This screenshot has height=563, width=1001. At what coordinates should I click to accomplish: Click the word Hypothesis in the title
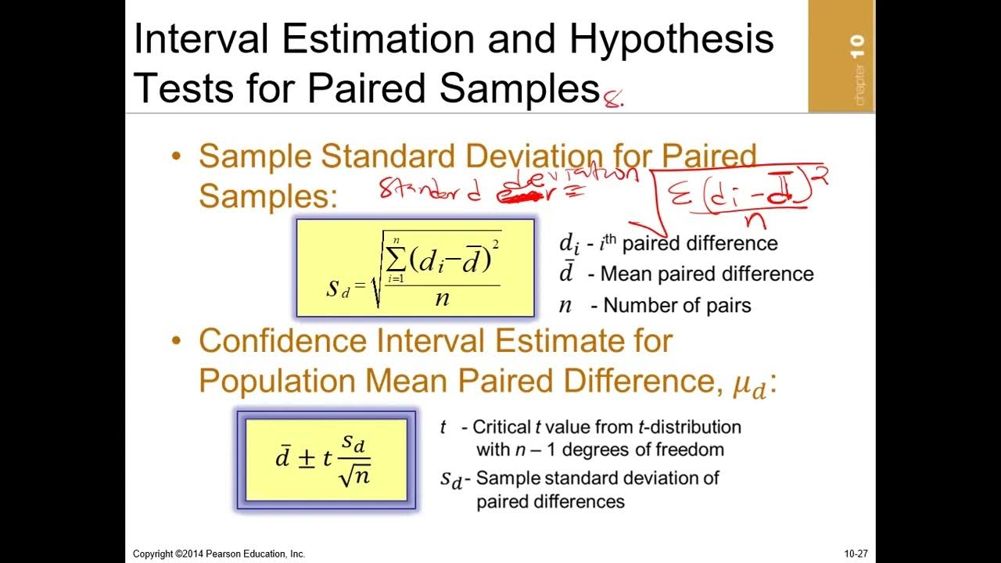(670, 39)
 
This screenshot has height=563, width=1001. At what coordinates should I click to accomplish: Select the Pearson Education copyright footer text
(219, 554)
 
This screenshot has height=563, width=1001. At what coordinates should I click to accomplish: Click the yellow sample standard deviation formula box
(415, 268)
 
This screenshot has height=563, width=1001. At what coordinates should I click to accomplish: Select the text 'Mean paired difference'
(707, 274)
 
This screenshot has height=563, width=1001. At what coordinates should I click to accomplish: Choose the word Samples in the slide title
(519, 88)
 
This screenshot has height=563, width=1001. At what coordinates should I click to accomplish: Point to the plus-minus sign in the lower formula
(307, 459)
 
